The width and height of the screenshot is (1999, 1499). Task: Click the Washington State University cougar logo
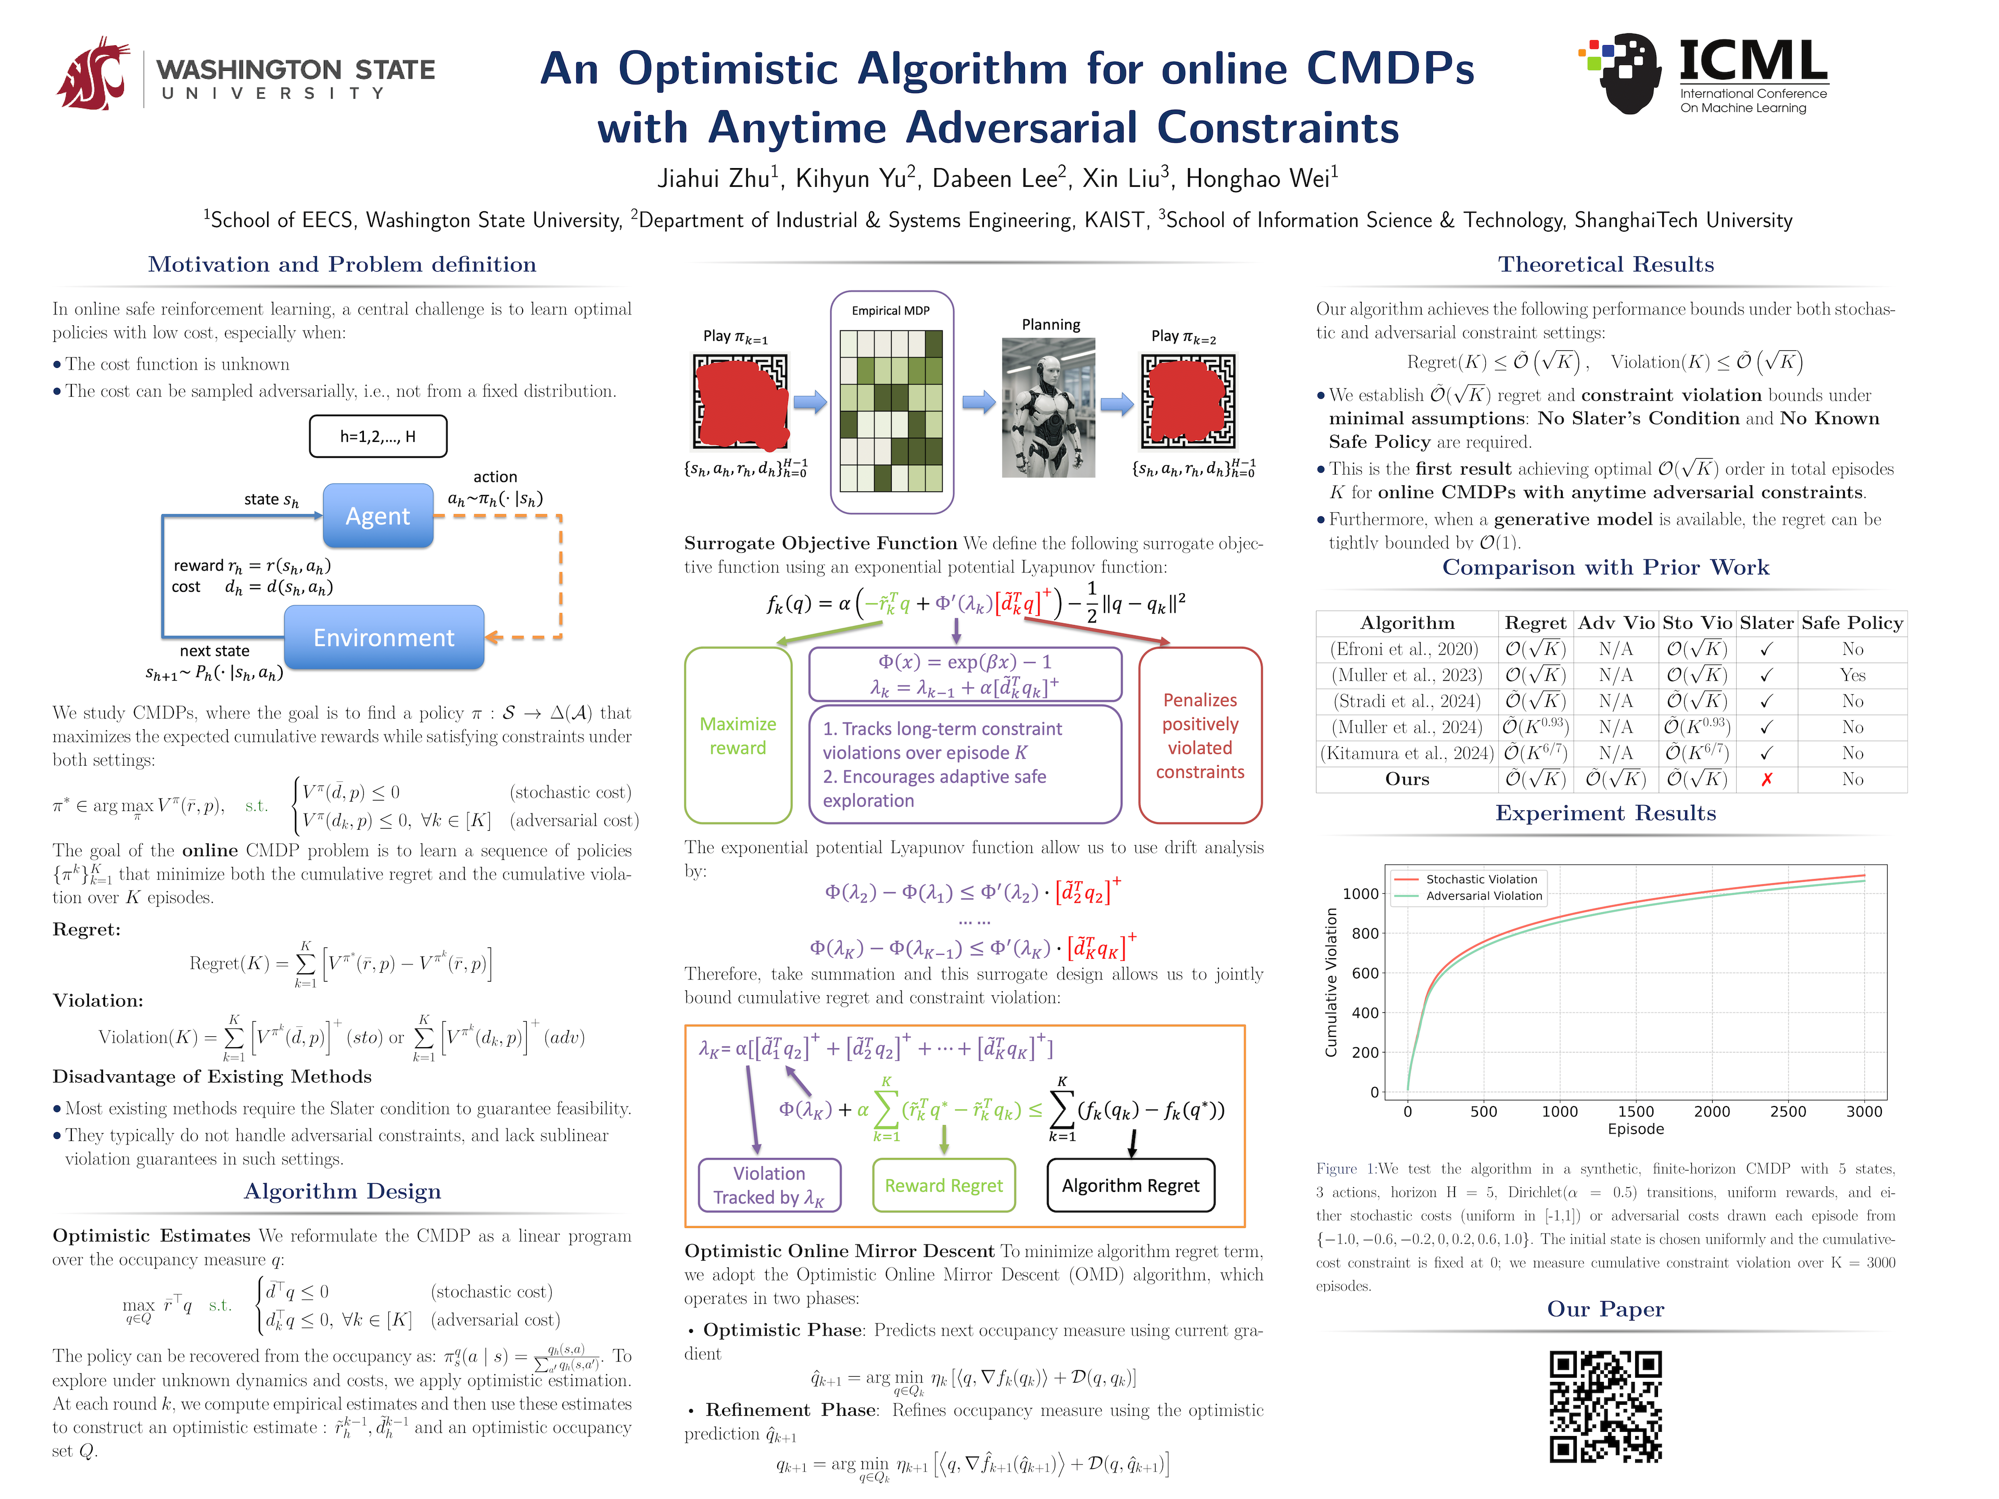(x=93, y=74)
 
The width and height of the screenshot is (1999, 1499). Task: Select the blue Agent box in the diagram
(x=378, y=516)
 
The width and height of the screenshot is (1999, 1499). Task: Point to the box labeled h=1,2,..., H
(x=378, y=436)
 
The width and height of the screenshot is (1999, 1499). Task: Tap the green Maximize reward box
(x=738, y=735)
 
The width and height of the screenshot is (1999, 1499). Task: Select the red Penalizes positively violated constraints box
(x=1199, y=735)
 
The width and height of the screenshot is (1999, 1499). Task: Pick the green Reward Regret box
(x=943, y=1186)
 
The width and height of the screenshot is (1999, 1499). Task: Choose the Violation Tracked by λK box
(x=769, y=1186)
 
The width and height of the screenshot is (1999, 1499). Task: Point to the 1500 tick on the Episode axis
(x=1636, y=1111)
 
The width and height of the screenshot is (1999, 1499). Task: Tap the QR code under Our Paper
(x=1606, y=1406)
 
